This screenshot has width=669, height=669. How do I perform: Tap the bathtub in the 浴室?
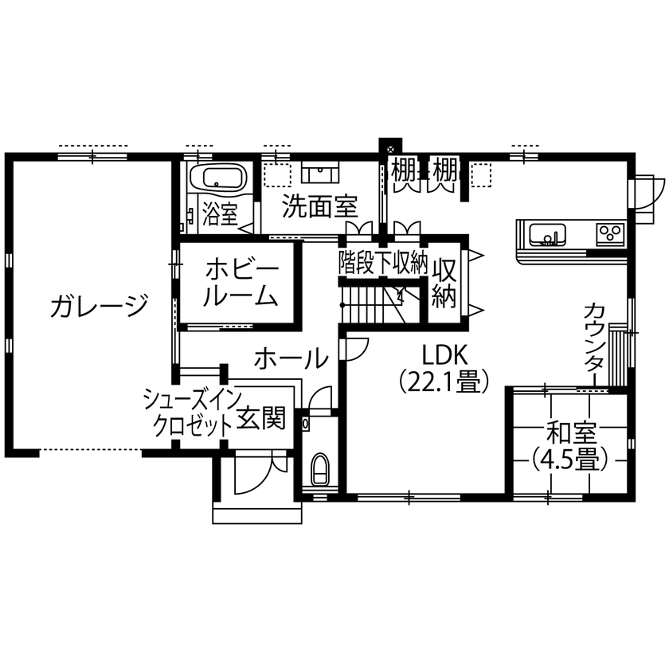tap(219, 178)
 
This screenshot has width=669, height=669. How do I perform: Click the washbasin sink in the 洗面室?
tap(322, 170)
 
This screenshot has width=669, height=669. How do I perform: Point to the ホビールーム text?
tap(240, 282)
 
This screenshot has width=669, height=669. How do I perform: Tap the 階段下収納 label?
tap(384, 261)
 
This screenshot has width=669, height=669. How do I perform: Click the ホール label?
tap(291, 359)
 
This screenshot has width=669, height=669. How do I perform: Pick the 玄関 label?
tap(261, 419)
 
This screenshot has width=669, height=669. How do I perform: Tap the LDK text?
tap(443, 354)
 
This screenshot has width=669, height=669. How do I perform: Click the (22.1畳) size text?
tap(443, 383)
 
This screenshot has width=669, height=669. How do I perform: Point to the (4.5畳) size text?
tap(570, 460)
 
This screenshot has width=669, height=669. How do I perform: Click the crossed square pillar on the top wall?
tap(389, 148)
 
